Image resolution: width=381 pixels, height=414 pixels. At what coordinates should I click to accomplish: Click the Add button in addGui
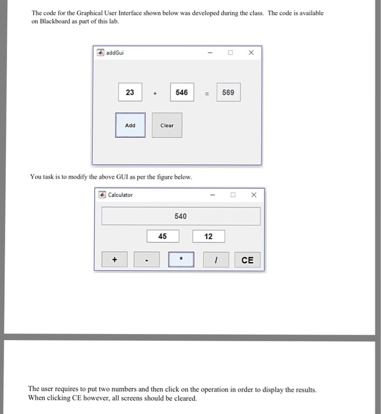[130, 125]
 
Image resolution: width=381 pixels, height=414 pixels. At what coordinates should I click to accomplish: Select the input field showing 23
[130, 92]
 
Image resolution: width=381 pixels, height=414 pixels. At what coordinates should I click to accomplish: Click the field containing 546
[181, 92]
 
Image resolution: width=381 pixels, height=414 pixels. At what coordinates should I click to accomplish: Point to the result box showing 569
[228, 92]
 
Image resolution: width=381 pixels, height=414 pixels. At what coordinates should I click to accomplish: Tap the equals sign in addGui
[206, 93]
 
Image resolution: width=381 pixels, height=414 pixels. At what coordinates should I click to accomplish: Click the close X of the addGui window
[250, 53]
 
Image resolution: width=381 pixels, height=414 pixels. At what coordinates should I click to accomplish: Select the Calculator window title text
[120, 195]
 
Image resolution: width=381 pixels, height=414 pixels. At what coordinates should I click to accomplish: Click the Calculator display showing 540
[181, 216]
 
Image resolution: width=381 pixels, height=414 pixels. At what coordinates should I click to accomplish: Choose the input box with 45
[162, 237]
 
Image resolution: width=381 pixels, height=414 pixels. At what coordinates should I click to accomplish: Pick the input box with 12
[208, 237]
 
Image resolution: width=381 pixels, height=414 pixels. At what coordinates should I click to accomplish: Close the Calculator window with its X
[253, 195]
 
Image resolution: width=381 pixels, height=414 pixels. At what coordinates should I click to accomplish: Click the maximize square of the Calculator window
[233, 195]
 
